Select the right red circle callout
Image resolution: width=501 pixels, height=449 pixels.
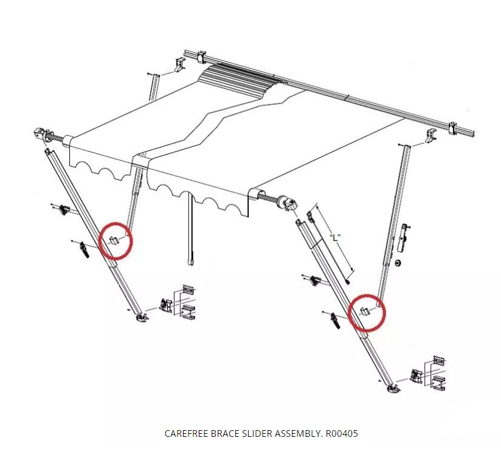point(367,312)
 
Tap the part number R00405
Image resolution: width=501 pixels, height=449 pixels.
point(341,434)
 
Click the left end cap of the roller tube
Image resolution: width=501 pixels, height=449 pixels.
point(42,134)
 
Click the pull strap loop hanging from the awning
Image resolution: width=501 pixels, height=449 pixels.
point(191,260)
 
